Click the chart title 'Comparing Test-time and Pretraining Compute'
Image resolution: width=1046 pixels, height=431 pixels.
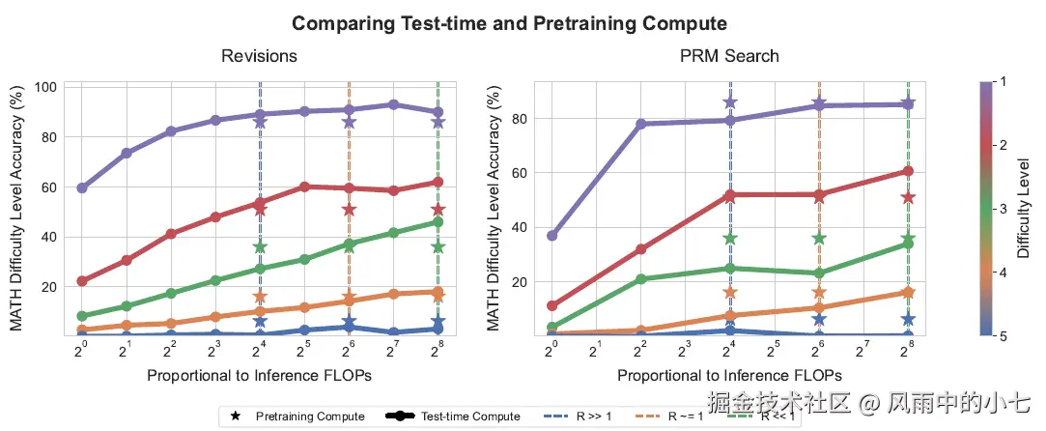tap(509, 22)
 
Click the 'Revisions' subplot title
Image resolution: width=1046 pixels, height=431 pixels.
tap(259, 56)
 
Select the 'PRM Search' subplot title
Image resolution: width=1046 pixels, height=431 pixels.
tap(729, 56)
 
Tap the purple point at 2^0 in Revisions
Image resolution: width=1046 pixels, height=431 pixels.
tap(82, 187)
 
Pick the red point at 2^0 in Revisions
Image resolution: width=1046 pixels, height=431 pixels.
tap(82, 281)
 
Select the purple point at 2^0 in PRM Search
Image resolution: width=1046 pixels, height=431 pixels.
tap(551, 236)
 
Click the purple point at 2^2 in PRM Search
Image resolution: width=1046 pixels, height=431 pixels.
tap(640, 124)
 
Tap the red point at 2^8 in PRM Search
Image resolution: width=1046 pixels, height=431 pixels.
tap(908, 171)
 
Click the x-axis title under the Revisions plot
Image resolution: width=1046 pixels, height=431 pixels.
tap(259, 375)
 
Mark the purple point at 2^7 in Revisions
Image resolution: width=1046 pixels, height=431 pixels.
tap(393, 104)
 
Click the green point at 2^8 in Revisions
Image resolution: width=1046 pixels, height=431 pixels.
tap(438, 222)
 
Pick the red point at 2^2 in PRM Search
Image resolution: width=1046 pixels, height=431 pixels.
tap(640, 249)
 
